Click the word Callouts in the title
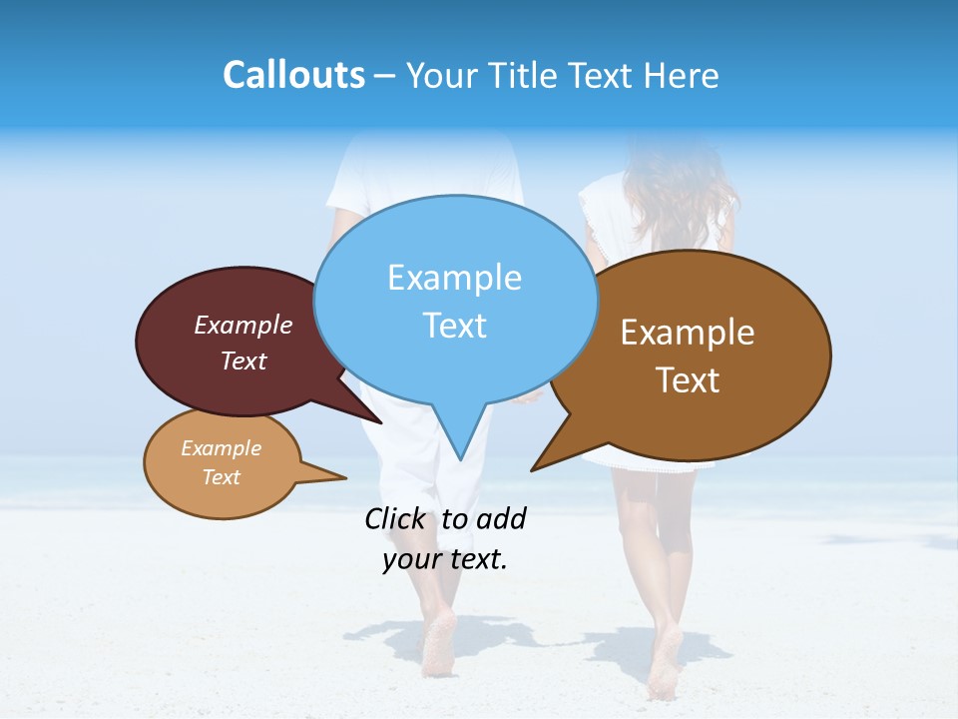click(293, 75)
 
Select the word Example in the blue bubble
click(454, 278)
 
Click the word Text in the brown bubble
click(688, 380)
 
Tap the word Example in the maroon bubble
click(243, 326)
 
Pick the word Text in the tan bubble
click(222, 477)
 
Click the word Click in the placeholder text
click(395, 518)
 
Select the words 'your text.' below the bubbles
click(445, 559)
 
